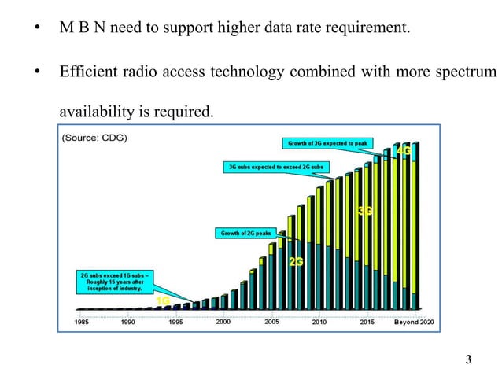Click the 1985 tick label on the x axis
81,322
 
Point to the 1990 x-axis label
128,322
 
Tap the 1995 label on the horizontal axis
175,322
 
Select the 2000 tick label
223,322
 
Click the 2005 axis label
271,322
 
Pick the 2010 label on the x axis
320,322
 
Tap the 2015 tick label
367,322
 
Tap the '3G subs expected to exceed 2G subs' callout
278,168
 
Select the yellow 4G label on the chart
404,150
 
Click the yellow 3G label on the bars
365,211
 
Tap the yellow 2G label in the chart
297,261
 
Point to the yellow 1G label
164,300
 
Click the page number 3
469,360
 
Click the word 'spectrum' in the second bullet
469,72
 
